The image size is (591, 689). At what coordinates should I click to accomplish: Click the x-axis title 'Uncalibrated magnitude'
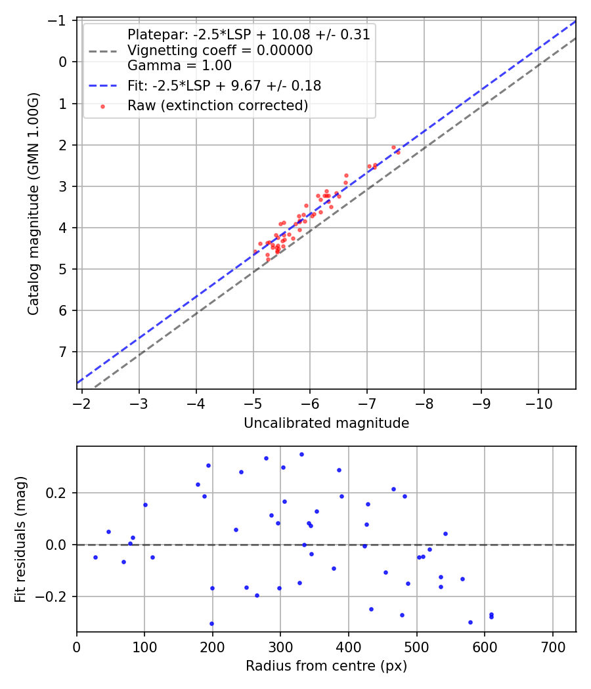coord(326,423)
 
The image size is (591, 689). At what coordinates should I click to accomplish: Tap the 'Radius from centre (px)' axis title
coord(326,666)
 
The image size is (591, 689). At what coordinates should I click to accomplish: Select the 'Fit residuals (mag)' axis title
coord(20,539)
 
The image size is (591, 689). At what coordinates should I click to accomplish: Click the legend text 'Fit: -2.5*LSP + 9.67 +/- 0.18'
coord(224,85)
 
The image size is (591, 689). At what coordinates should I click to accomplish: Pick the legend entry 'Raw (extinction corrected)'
coord(217,106)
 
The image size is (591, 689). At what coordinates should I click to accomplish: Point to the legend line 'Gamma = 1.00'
coord(179,66)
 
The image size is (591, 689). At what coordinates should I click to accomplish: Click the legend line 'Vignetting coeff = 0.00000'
coord(220,51)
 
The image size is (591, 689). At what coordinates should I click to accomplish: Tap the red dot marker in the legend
coord(102,106)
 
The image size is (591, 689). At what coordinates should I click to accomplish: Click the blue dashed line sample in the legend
coord(102,85)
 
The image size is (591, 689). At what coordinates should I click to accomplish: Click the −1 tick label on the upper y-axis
coord(60,20)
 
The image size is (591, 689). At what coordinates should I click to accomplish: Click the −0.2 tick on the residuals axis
coord(53,596)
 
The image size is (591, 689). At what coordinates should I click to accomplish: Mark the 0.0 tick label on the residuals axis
coord(56,545)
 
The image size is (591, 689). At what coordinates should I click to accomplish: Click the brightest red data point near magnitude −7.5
coord(393,147)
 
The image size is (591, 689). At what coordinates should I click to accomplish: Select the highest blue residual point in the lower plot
coord(301,454)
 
